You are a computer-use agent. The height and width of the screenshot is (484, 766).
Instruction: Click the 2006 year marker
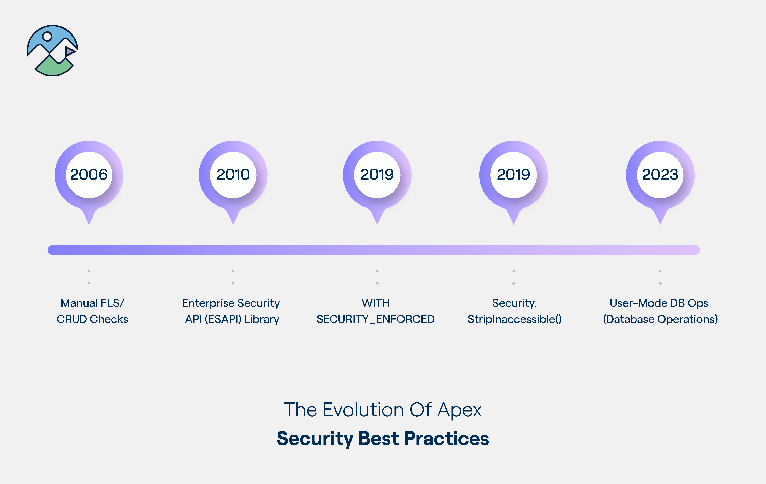click(89, 175)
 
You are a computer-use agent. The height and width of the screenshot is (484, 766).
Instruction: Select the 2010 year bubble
click(233, 175)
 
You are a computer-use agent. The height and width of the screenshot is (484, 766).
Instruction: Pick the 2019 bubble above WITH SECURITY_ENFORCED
click(377, 175)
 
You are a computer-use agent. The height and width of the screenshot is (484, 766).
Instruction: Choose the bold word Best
click(379, 439)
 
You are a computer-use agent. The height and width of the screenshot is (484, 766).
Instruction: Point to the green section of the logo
click(53, 67)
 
